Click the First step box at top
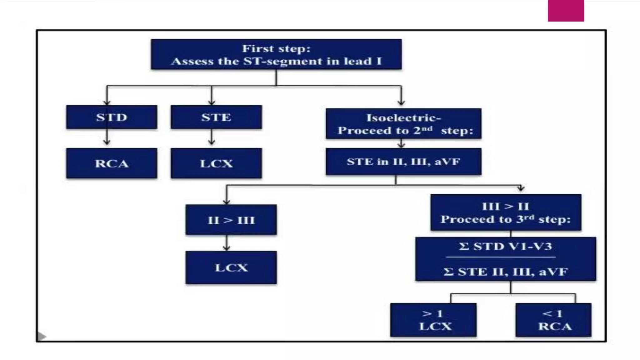tap(276, 54)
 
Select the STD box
tap(112, 117)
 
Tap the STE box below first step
tap(216, 117)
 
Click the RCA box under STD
tap(112, 163)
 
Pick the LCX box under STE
tap(216, 163)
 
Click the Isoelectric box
tap(403, 124)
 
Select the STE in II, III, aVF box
tap(403, 162)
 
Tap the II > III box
tap(231, 220)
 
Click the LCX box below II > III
tap(231, 267)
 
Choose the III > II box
tap(506, 212)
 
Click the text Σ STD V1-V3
tap(505, 247)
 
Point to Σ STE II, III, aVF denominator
tap(505, 272)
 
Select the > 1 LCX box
tap(433, 320)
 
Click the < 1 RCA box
tap(553, 320)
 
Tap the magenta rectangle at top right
tap(566, 11)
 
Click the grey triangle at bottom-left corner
tap(41, 336)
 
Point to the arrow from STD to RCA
tap(107, 138)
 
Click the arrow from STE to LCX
tap(212, 138)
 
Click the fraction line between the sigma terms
tap(500, 257)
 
